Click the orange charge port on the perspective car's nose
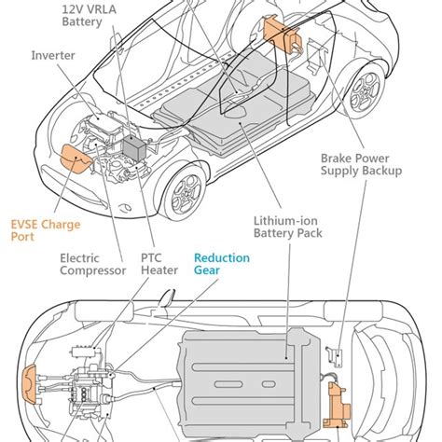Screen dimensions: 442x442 (x=74, y=160)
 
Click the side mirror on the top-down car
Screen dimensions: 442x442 (x=167, y=298)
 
